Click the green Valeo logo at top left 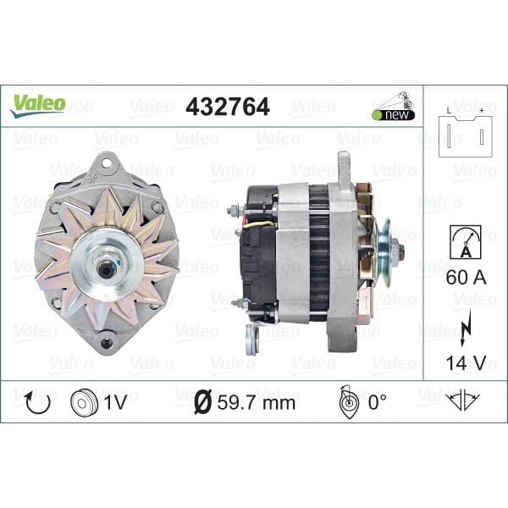37,105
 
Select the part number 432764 227,107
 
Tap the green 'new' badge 391,115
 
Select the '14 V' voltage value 465,365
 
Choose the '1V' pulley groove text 115,401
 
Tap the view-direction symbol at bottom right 463,400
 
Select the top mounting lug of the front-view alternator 107,163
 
